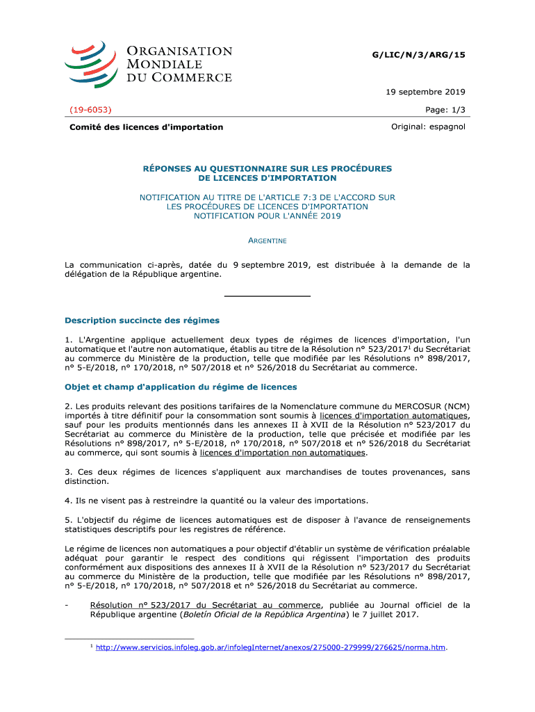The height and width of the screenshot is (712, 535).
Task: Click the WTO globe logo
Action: click(x=90, y=63)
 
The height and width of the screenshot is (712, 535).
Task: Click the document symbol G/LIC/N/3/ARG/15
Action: click(x=420, y=55)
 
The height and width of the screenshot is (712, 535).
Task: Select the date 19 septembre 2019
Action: click(x=426, y=92)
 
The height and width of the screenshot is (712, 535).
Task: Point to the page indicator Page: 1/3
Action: click(x=445, y=110)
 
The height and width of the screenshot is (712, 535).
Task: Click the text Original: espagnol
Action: click(x=428, y=127)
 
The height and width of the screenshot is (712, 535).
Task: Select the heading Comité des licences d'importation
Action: click(x=146, y=127)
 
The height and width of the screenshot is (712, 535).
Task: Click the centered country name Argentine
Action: click(x=267, y=241)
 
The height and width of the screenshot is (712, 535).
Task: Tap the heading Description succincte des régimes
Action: click(x=142, y=321)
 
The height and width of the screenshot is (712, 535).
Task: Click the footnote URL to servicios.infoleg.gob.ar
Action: click(x=270, y=648)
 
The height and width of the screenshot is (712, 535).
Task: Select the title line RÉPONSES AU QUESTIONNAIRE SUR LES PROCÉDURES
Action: click(x=267, y=168)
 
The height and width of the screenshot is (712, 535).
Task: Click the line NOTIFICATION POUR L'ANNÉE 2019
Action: click(x=267, y=216)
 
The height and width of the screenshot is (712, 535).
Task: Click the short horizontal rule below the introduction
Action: click(x=267, y=297)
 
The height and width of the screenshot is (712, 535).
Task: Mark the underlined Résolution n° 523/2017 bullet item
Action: click(x=205, y=605)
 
